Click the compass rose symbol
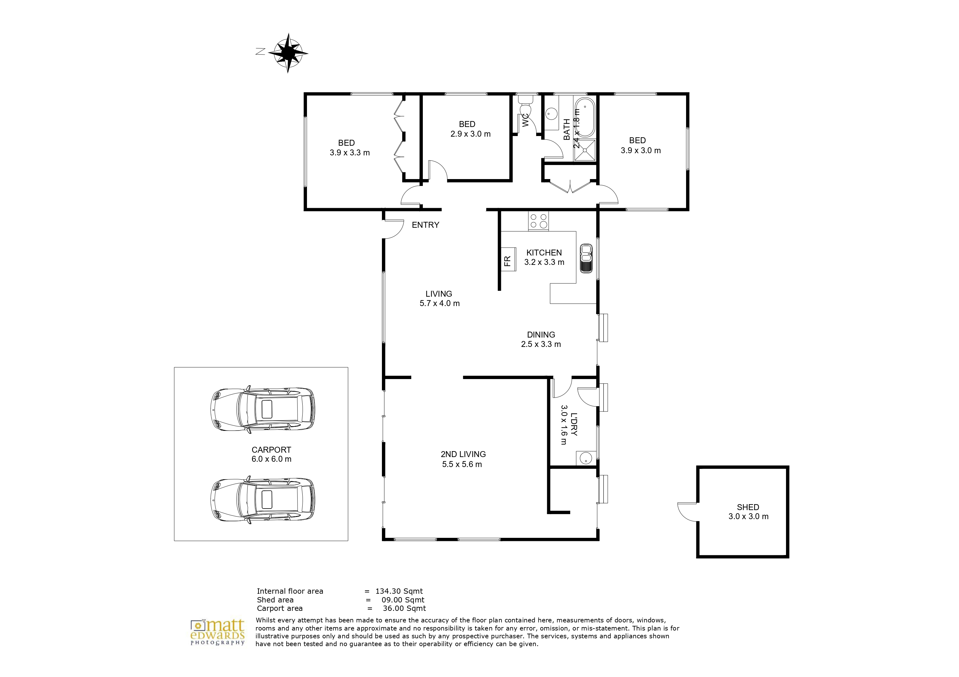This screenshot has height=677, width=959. [288, 53]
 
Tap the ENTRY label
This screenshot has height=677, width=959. [425, 225]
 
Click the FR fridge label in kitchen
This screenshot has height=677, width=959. [507, 261]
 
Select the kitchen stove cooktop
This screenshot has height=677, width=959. [538, 221]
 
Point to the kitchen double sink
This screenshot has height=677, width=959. [586, 258]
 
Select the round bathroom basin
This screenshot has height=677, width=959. [551, 113]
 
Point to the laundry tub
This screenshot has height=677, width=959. [586, 458]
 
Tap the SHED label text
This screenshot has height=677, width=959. [748, 507]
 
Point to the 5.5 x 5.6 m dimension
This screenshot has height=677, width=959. [462, 464]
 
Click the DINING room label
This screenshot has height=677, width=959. [541, 335]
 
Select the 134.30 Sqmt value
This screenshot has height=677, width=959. [399, 591]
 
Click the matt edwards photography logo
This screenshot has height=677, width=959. [218, 632]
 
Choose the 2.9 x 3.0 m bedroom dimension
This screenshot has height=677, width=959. [470, 134]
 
